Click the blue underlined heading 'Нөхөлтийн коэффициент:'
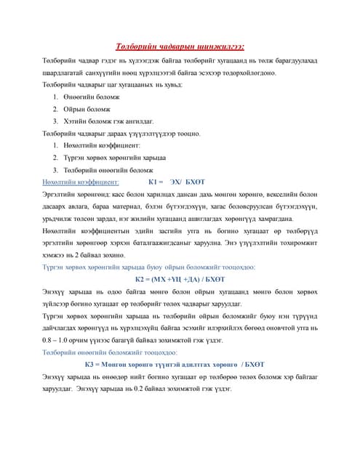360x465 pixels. point(81,183)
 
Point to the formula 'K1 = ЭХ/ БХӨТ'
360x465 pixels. point(177,183)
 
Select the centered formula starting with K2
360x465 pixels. point(180,280)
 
